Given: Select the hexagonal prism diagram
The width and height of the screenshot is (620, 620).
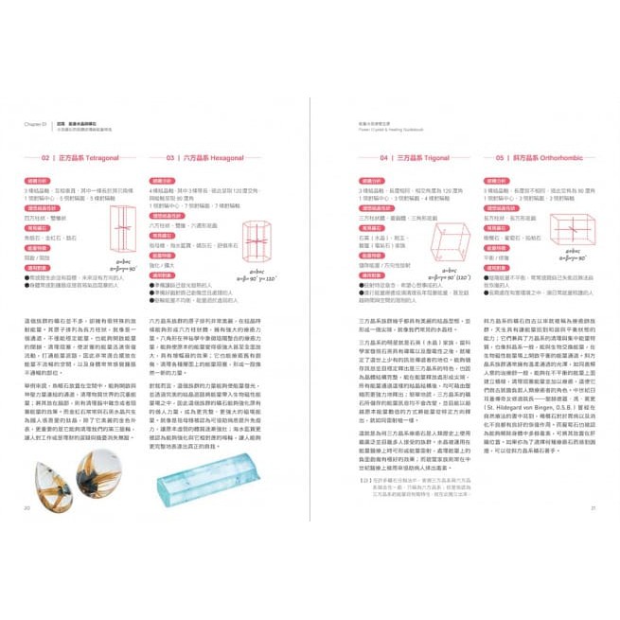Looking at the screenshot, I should click(257, 243).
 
